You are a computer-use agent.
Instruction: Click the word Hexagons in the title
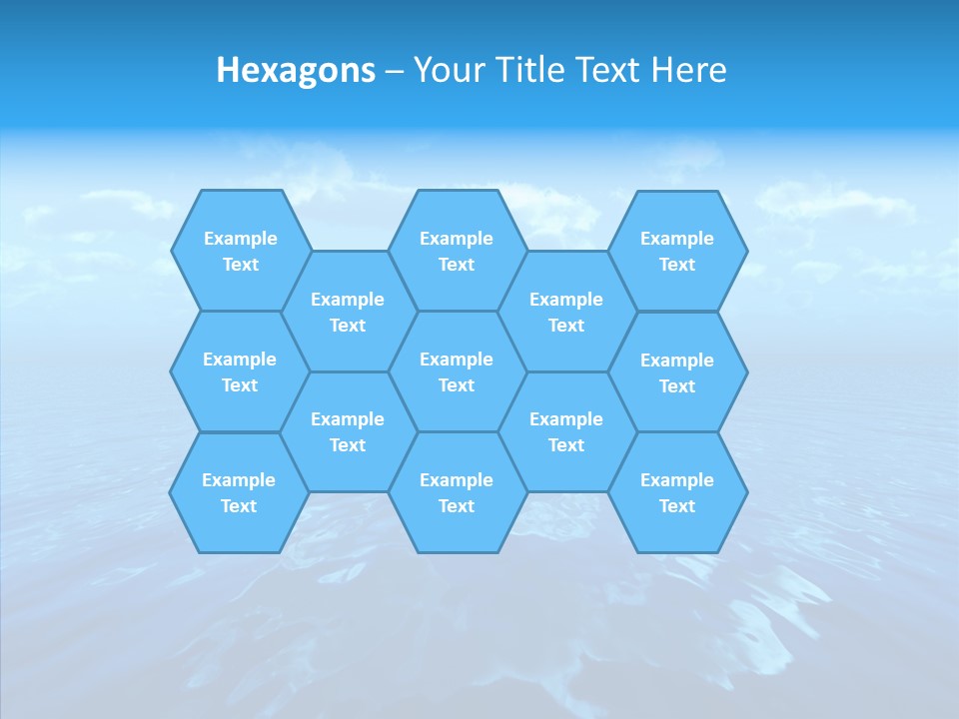[x=296, y=70]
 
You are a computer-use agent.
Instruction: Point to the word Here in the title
[x=688, y=70]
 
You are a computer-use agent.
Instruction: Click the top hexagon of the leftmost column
[x=240, y=251]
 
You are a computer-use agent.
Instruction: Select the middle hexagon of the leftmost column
[x=240, y=371]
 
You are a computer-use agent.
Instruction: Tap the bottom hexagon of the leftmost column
[x=239, y=492]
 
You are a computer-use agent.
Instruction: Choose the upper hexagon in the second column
[x=348, y=312]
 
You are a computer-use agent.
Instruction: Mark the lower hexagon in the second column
[x=348, y=431]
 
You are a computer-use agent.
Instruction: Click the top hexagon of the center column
[x=457, y=251]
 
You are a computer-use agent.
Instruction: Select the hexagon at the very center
[x=457, y=371]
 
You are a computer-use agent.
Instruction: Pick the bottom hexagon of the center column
[x=457, y=492]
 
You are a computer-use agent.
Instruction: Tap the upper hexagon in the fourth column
[x=566, y=312]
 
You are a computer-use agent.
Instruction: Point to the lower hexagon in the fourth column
[x=566, y=431]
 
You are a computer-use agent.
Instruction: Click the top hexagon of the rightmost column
[x=677, y=251]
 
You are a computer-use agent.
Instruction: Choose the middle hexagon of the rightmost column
[x=677, y=372]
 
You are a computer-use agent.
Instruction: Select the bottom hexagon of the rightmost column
[x=677, y=492]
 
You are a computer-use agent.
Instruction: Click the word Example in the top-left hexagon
[x=240, y=239]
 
